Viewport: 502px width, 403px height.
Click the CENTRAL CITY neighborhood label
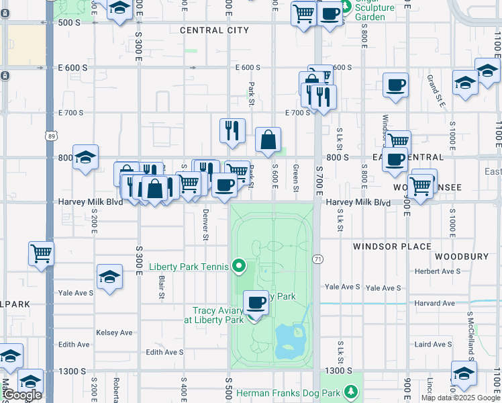click(214, 30)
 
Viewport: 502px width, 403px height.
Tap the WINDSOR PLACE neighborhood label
click(392, 247)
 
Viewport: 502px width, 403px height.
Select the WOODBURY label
click(460, 257)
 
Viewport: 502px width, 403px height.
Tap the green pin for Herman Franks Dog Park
click(349, 391)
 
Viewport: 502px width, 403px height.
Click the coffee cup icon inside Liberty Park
click(255, 302)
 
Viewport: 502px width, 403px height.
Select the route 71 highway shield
click(318, 259)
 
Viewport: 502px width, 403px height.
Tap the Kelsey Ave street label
click(114, 332)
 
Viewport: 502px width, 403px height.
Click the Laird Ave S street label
click(433, 345)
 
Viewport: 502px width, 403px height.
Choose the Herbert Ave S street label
click(436, 271)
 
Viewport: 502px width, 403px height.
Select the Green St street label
click(296, 177)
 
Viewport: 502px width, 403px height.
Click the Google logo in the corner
click(21, 395)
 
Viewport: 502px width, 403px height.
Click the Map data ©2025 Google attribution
click(460, 398)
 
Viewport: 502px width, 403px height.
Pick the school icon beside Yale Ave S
click(109, 277)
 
